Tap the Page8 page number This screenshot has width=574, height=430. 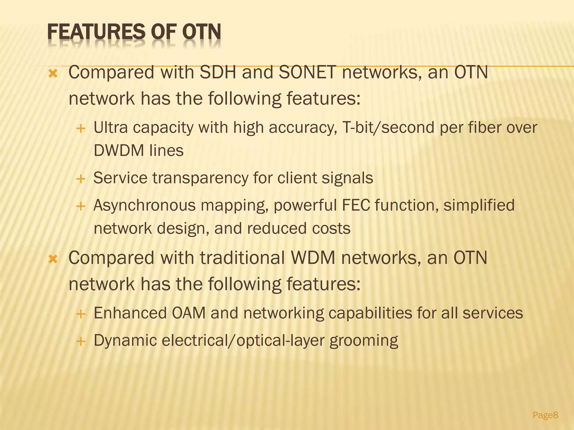(545, 415)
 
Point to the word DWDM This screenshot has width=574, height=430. (118, 150)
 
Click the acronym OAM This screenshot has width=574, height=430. (189, 313)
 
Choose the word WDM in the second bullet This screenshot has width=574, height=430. (313, 258)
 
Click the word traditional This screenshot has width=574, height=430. (242, 258)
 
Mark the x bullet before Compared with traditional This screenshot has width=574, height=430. (53, 259)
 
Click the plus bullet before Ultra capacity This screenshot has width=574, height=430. (81, 129)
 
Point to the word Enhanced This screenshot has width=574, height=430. (130, 313)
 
